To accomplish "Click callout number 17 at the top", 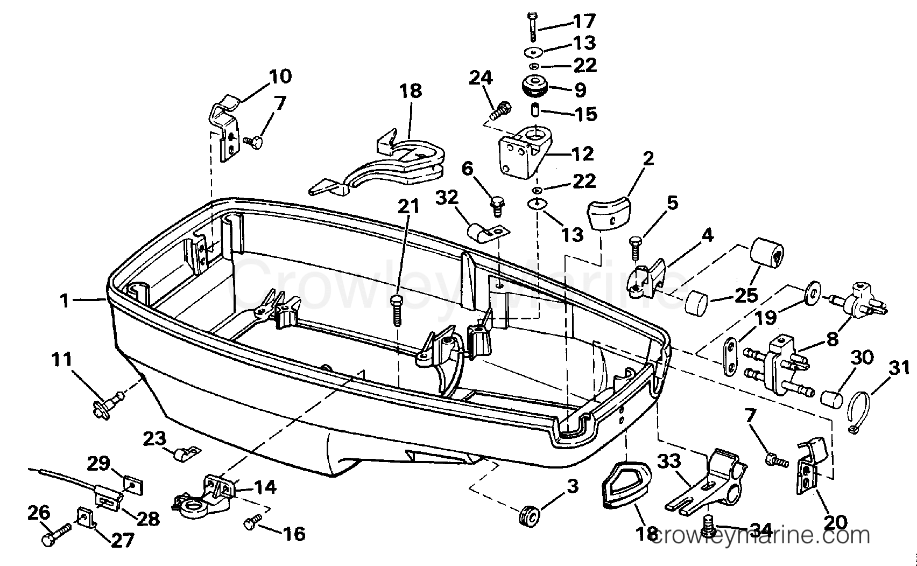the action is (584, 21).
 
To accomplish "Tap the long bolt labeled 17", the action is (532, 26).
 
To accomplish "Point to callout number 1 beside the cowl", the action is (64, 301).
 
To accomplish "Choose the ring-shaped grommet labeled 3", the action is (530, 517).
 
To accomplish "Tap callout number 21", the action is (408, 206).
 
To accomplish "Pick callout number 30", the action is (862, 357).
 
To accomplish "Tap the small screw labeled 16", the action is (253, 521).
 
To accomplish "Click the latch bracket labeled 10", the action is (224, 127).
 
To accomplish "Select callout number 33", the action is (669, 462).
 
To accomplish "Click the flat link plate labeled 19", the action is (730, 356).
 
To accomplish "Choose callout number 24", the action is (481, 78).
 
